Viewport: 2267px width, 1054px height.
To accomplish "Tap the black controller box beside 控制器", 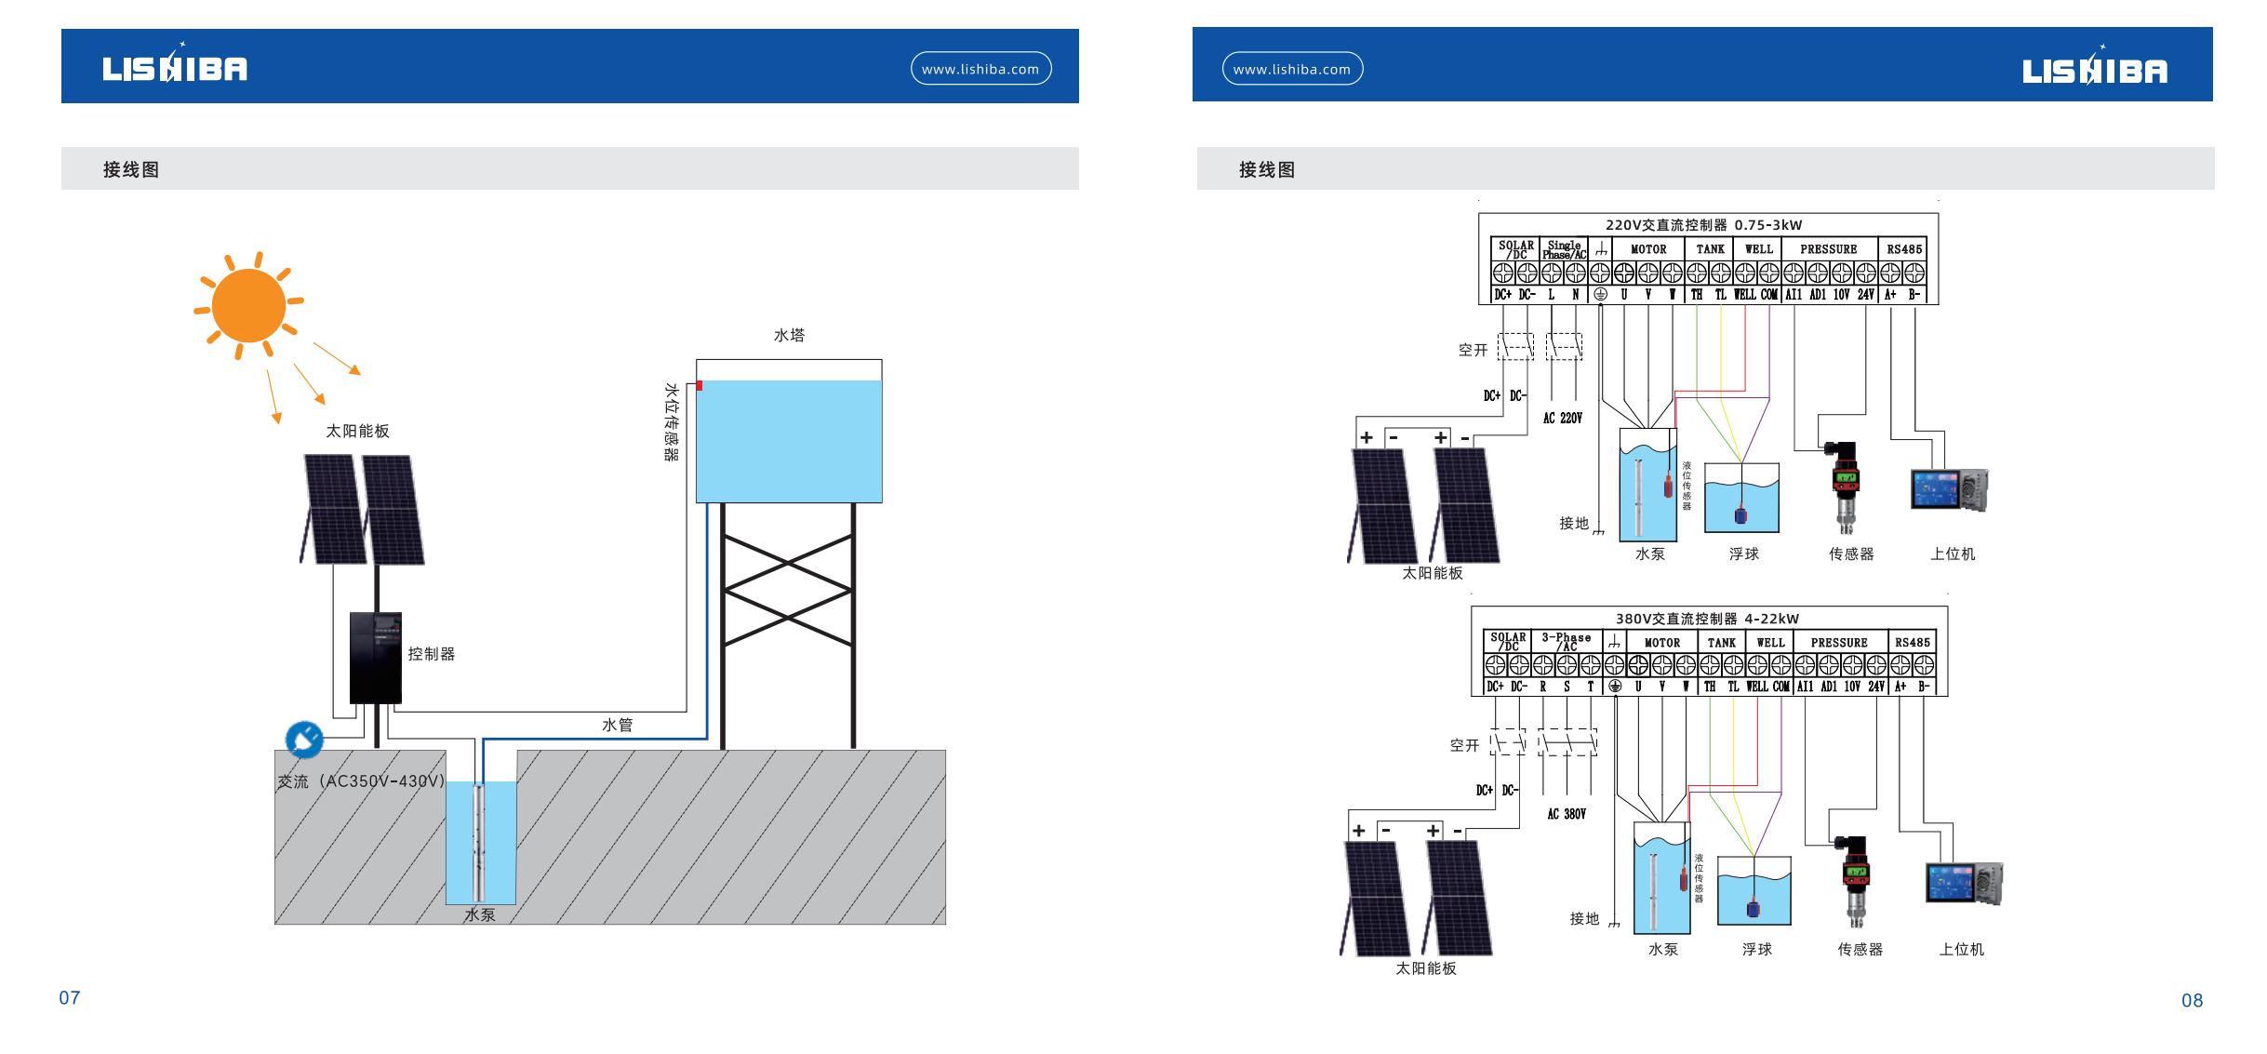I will (376, 657).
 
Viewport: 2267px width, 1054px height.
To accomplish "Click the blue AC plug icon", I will (303, 740).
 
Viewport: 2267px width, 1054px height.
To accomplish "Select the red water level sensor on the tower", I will (699, 385).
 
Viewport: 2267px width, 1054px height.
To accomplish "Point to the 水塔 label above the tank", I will (789, 335).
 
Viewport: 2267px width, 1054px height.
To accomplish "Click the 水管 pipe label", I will (617, 725).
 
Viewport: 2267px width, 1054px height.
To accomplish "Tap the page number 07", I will (70, 998).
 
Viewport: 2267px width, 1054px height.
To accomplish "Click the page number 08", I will (2192, 1001).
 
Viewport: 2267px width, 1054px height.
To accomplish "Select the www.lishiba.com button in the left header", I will (980, 69).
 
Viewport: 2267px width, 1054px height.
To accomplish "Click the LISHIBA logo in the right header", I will (2094, 70).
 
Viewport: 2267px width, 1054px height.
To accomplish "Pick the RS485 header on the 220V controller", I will (1904, 249).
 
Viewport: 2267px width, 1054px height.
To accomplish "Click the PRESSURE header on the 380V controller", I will (1839, 643).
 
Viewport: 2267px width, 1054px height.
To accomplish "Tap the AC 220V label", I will (1563, 419).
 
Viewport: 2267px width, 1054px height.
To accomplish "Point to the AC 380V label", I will (1567, 814).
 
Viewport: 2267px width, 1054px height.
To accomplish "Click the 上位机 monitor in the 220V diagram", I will (1948, 490).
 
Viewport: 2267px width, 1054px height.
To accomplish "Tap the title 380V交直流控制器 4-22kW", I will (1707, 619).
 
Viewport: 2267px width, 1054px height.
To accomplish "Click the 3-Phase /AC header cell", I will (1567, 642).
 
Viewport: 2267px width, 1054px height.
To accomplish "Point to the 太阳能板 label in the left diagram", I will (357, 432).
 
